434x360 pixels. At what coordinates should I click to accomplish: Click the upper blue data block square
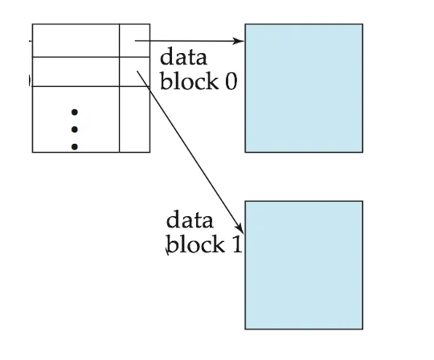click(304, 88)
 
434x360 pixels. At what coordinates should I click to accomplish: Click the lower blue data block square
click(304, 265)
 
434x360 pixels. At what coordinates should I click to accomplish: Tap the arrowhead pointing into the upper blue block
click(238, 41)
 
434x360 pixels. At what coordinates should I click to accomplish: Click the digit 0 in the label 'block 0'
click(231, 82)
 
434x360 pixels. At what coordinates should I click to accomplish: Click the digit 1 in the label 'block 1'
click(236, 244)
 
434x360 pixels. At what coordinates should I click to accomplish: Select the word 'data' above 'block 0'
click(183, 56)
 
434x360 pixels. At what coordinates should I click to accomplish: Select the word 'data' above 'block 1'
click(190, 219)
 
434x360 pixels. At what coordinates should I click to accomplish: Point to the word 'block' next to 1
click(195, 243)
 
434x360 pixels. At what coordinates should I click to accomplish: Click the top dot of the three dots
click(75, 112)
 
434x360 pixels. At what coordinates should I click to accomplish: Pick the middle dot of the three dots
click(75, 129)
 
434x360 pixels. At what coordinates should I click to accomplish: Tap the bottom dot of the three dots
click(75, 146)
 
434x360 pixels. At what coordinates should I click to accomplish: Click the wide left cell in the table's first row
click(76, 40)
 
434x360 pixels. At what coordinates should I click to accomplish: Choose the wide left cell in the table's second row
click(76, 72)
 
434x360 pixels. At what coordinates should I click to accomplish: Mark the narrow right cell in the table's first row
click(135, 40)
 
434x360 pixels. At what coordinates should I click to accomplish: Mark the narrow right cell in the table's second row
click(135, 72)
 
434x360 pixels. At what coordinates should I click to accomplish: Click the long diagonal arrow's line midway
click(190, 152)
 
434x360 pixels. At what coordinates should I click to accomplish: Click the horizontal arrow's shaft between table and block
click(190, 41)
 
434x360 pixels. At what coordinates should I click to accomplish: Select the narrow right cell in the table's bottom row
click(135, 119)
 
